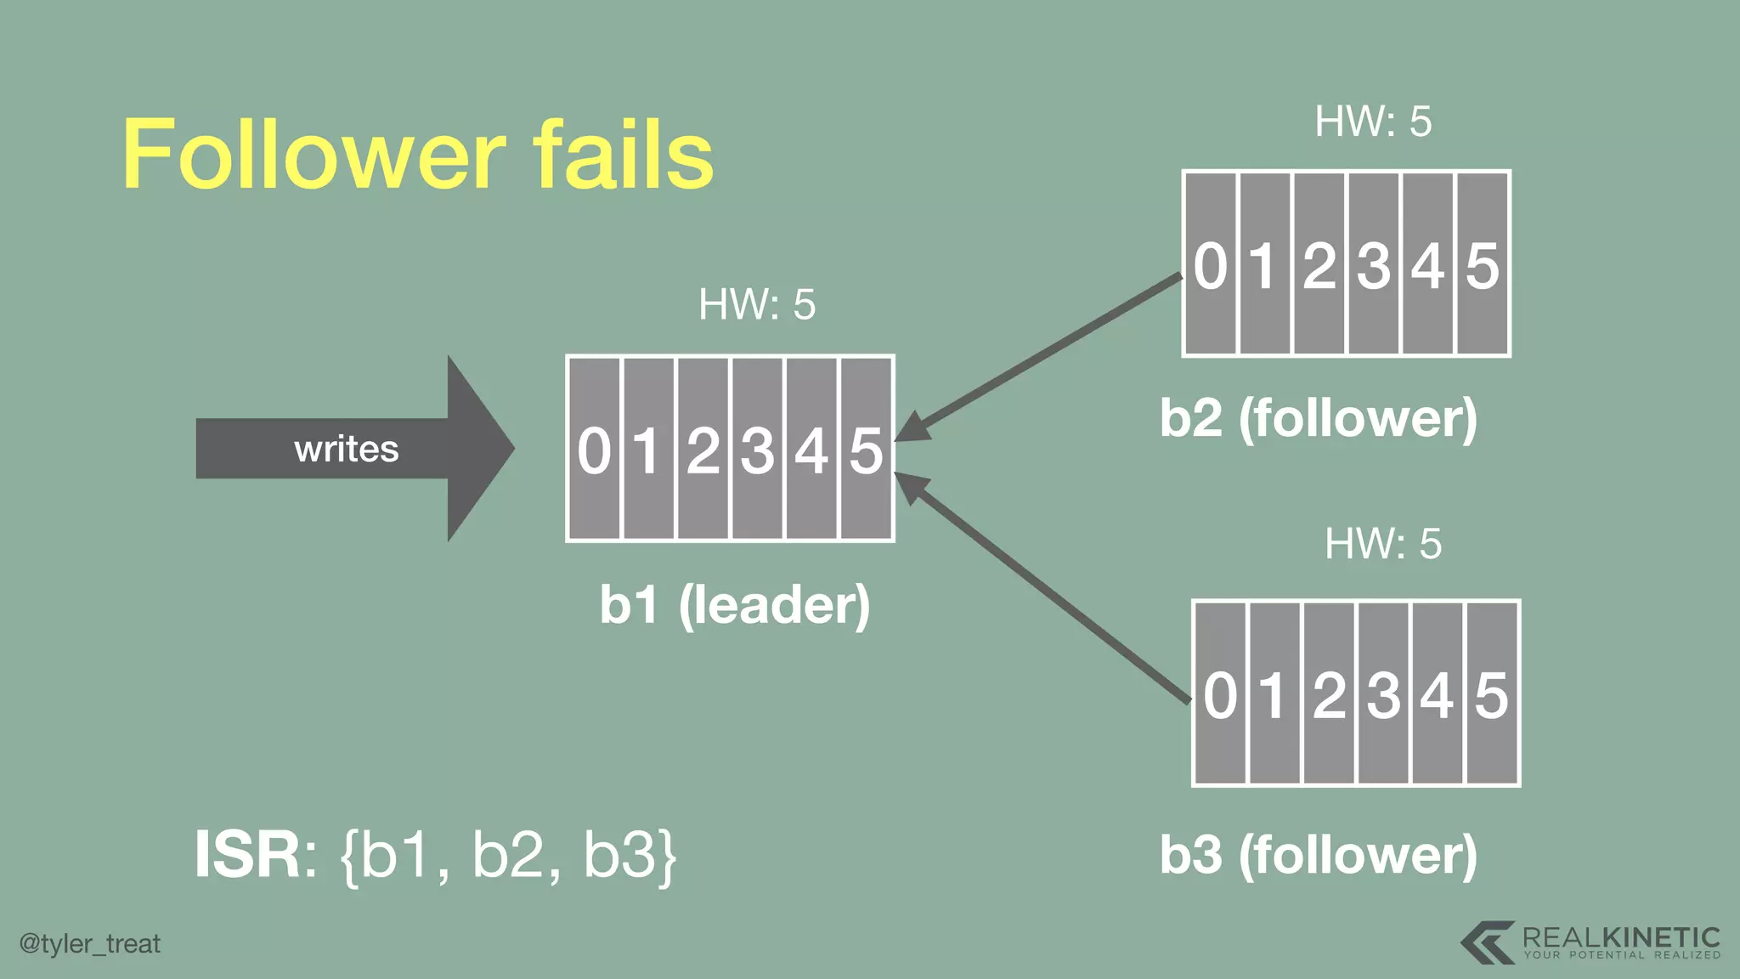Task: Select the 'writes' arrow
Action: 348,449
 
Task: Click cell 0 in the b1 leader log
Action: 594,449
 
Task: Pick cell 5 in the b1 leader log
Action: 867,449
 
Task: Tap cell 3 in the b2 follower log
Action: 1373,264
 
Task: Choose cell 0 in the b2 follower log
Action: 1210,264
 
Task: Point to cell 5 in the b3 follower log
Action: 1492,694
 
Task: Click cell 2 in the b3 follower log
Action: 1329,694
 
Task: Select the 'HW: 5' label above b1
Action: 756,304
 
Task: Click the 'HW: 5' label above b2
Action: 1373,122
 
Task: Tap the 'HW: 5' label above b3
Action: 1383,544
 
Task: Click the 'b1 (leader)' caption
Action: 734,605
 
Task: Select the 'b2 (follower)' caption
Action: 1319,418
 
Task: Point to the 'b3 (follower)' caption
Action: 1319,855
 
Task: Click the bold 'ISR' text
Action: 247,855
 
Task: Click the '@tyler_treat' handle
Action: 90,944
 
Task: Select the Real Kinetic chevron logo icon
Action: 1487,942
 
